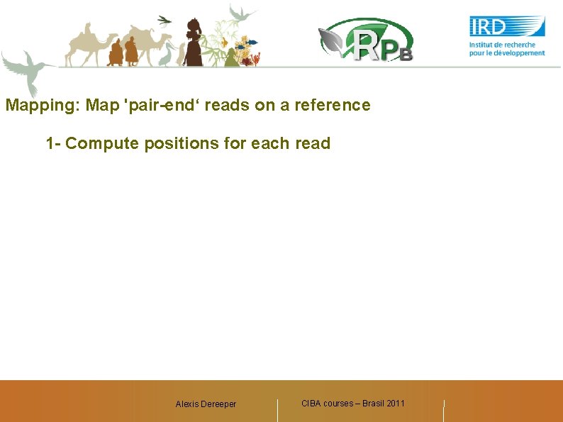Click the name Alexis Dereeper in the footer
[206, 404]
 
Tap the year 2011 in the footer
[395, 404]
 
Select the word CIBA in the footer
[311, 404]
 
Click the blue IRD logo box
[507, 26]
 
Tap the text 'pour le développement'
[507, 52]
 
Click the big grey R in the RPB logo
[368, 45]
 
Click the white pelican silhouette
[167, 54]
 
